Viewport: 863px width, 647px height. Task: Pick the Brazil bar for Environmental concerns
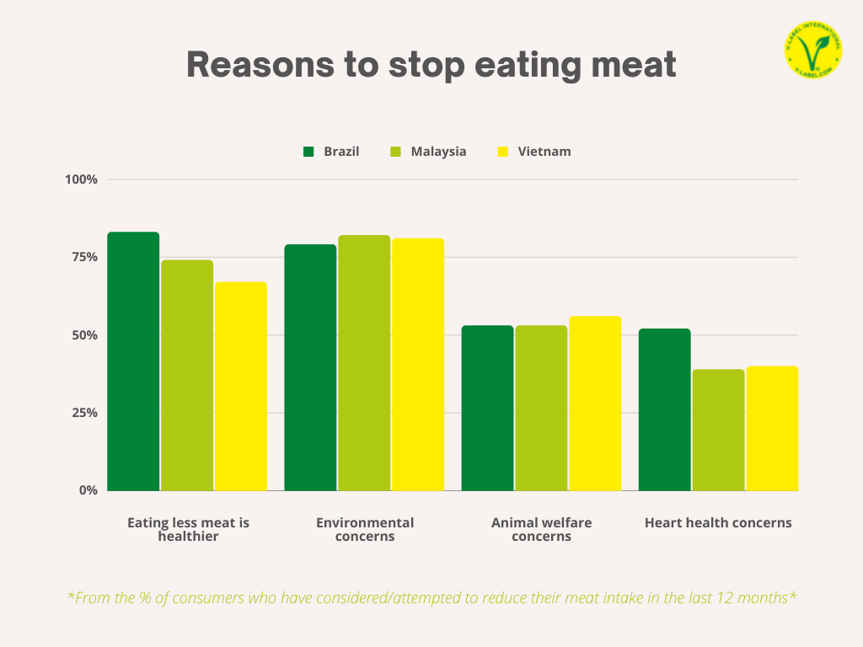tap(310, 367)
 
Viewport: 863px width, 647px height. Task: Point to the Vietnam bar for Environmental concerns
tap(418, 364)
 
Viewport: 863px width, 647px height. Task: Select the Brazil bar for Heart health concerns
tap(664, 409)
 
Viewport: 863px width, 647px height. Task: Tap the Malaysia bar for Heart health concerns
tap(718, 430)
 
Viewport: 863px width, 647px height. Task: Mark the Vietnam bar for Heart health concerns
tap(772, 428)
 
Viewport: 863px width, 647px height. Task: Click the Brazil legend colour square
tap(308, 152)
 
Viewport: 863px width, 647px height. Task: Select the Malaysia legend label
tap(438, 152)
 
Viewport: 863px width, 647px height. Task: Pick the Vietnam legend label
tap(544, 152)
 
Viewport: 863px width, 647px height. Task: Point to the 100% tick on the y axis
tap(82, 179)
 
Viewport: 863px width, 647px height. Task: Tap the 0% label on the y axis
tap(88, 490)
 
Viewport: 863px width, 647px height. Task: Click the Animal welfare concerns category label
tap(541, 529)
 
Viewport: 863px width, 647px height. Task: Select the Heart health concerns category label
tap(718, 522)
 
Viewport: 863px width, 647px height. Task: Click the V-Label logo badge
tap(812, 51)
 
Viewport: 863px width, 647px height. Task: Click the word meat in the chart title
tap(635, 65)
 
